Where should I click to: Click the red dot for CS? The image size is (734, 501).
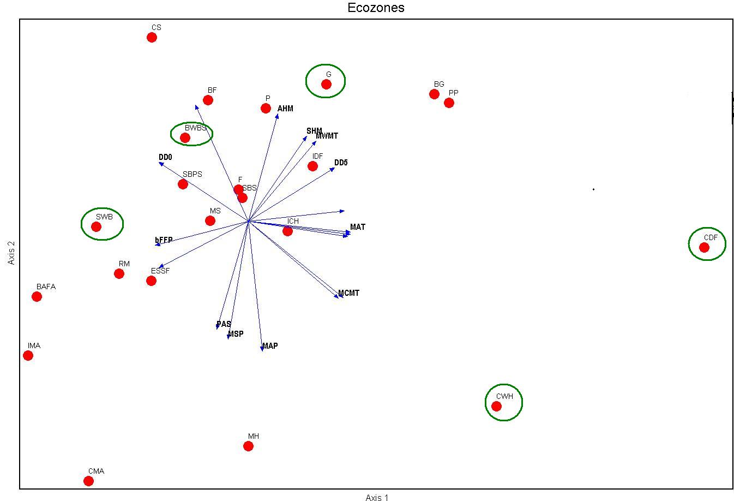(x=152, y=37)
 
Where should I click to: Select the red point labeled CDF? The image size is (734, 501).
(x=704, y=247)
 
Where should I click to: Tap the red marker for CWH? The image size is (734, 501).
(x=496, y=406)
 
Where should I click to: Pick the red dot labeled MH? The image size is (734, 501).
(x=248, y=446)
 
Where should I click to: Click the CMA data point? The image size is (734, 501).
(x=88, y=481)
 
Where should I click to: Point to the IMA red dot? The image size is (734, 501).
(x=28, y=355)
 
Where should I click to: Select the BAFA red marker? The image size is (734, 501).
(x=37, y=296)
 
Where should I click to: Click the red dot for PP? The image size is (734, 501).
(x=449, y=103)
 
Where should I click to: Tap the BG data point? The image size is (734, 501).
(x=434, y=94)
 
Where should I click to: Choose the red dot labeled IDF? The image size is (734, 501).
(x=312, y=166)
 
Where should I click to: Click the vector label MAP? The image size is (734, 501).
(x=270, y=346)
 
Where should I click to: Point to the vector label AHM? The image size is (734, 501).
(x=285, y=109)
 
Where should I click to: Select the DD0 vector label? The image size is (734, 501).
(x=165, y=157)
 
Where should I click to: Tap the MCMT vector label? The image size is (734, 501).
(x=349, y=293)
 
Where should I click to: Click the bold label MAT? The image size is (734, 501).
(x=358, y=227)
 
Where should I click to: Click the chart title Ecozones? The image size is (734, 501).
(x=376, y=8)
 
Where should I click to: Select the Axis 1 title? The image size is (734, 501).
(x=377, y=497)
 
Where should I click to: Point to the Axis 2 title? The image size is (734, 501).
(x=11, y=253)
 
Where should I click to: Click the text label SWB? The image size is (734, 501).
(x=104, y=217)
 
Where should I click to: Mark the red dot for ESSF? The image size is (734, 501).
(x=151, y=281)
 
